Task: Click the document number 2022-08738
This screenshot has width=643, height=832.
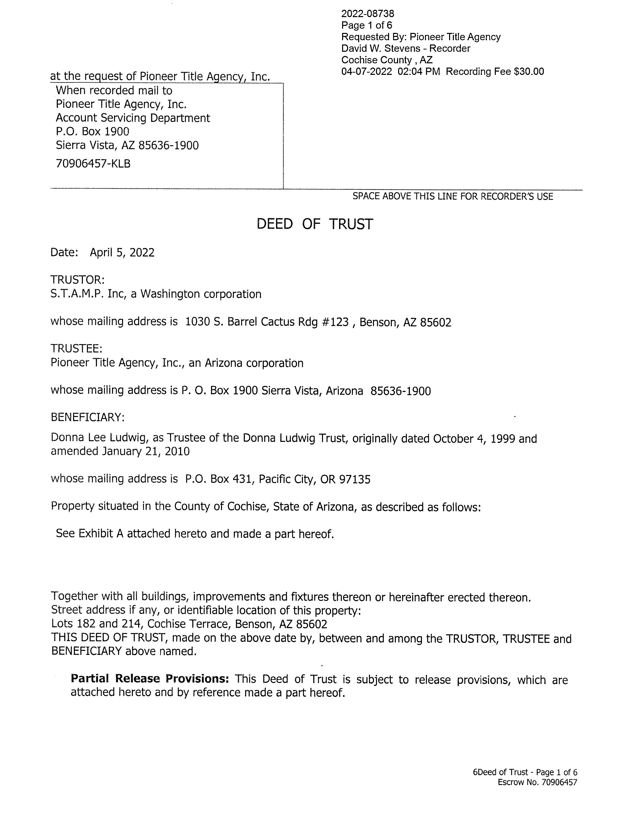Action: [368, 14]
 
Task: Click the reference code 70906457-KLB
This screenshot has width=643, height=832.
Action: [93, 164]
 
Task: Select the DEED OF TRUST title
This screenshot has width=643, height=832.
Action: [315, 224]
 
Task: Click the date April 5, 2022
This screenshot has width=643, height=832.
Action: [122, 252]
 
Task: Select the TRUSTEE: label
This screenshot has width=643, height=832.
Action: [77, 349]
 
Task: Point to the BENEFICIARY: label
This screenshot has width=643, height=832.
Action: [88, 417]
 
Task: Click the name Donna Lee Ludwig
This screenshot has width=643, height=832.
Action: [98, 438]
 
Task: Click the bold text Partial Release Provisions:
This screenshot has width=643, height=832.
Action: [150, 679]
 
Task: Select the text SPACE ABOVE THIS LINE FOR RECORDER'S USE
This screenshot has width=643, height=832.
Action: [453, 197]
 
